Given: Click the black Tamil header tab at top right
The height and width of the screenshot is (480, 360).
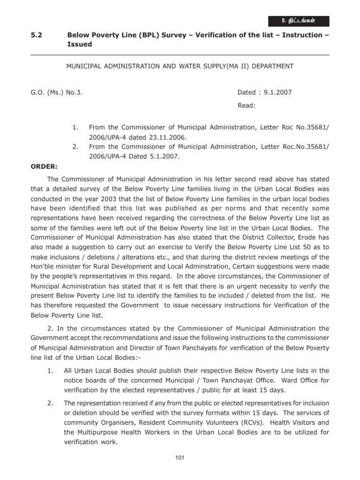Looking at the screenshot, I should [x=299, y=21].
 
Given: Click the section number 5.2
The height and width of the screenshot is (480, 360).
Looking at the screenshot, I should [x=36, y=35].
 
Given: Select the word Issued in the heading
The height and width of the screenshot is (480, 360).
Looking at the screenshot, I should [x=80, y=44].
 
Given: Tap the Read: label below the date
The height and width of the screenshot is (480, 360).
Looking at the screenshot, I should [x=247, y=105].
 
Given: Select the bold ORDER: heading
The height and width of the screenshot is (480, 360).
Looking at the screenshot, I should [x=44, y=166].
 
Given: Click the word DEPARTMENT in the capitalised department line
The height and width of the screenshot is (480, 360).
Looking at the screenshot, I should [x=272, y=66].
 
